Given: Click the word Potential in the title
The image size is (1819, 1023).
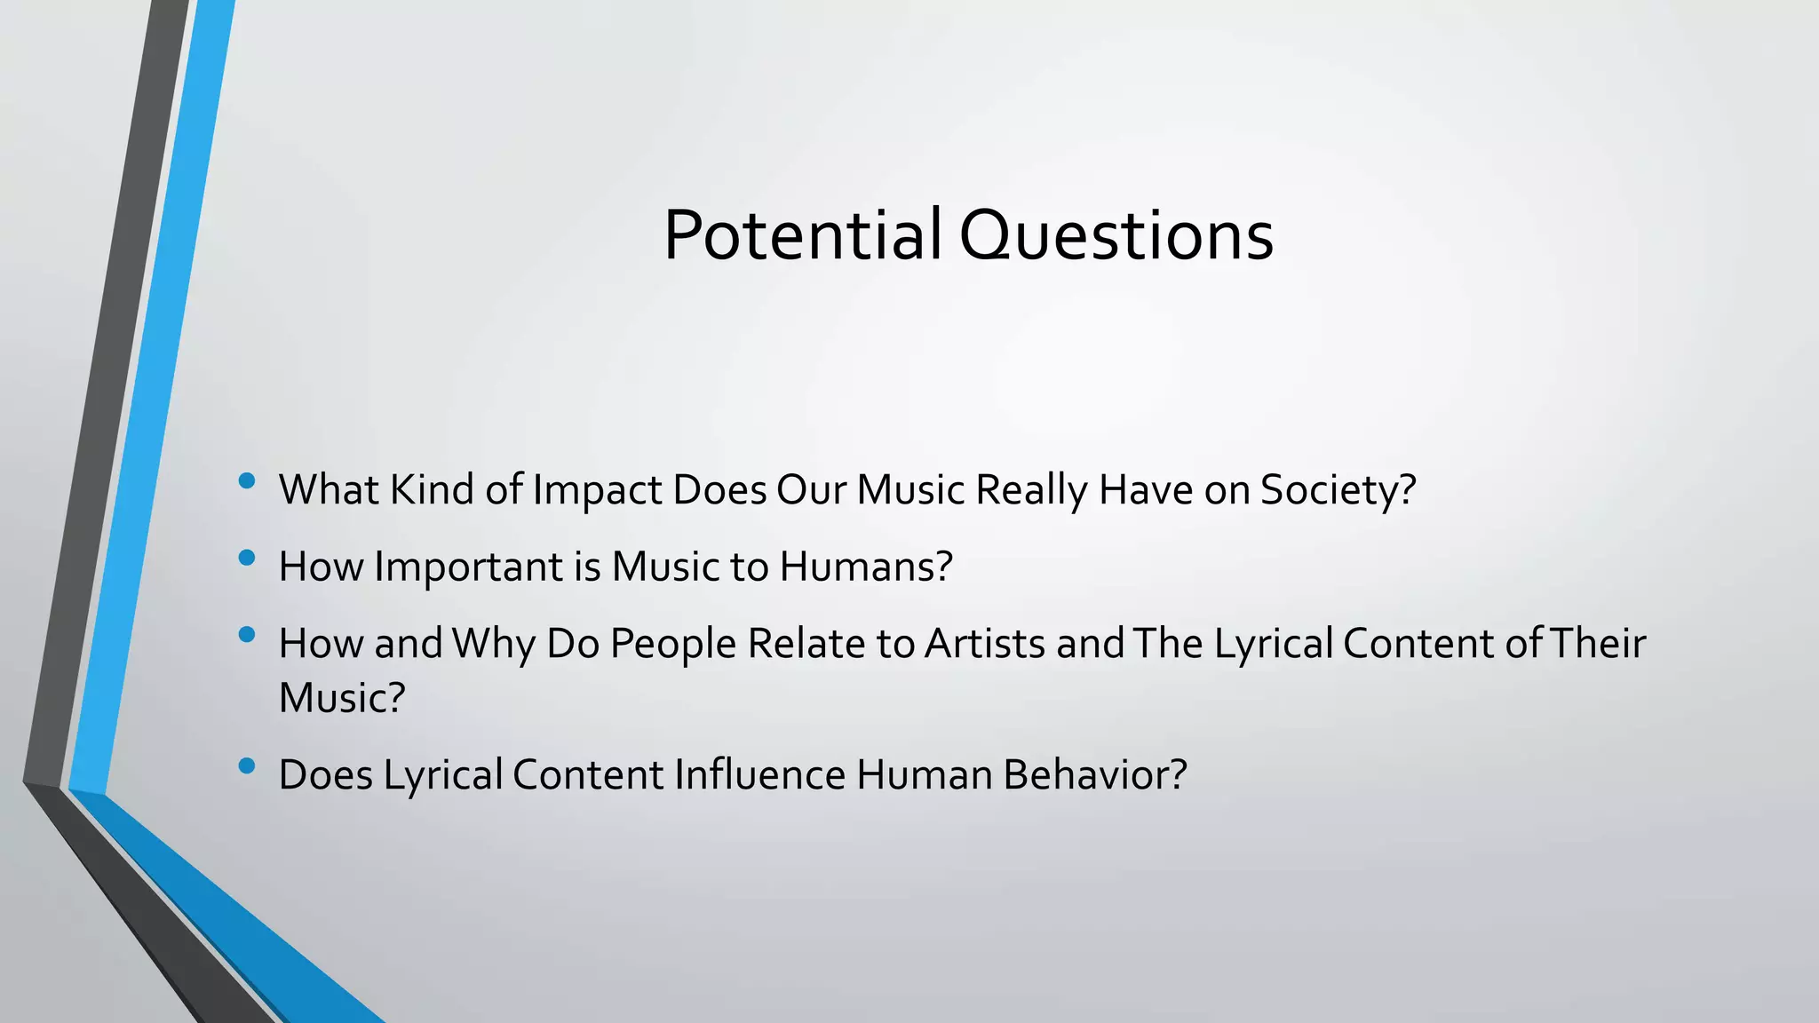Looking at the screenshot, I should tap(802, 235).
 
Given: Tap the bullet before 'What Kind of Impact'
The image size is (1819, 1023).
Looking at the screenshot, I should tap(247, 481).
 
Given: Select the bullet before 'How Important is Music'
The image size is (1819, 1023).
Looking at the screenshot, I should tap(247, 558).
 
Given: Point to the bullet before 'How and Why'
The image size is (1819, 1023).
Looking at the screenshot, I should tap(247, 635).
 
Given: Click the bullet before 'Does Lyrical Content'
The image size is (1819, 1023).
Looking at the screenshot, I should tap(247, 765).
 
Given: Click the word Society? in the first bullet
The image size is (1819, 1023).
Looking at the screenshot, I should tap(1338, 490).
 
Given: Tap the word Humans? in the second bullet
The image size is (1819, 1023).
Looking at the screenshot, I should tap(866, 567).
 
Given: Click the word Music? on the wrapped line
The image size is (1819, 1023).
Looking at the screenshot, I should tap(342, 698).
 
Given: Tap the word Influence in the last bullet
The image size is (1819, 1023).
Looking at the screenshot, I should tap(759, 774).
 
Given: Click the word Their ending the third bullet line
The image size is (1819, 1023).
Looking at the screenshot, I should tap(1598, 644).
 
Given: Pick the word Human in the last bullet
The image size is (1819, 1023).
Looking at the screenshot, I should tap(924, 774).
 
